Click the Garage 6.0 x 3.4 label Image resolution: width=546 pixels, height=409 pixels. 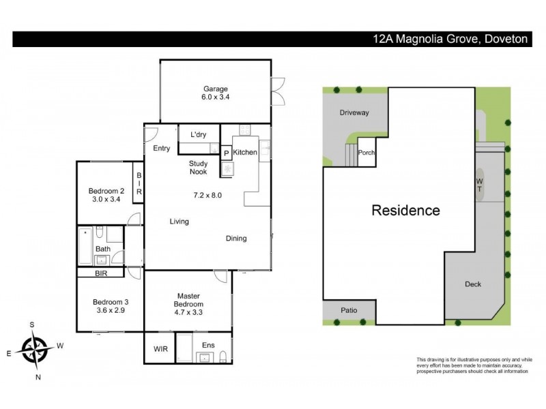(214, 93)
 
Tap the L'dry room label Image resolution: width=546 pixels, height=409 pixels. (199, 134)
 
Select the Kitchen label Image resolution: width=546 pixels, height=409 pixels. (245, 153)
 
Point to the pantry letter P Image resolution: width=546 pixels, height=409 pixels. (226, 153)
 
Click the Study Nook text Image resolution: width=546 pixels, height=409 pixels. (199, 168)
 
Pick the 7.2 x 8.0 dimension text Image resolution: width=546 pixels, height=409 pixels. (207, 196)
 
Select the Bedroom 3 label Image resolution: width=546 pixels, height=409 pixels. (109, 306)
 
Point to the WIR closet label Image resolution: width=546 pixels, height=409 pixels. (160, 348)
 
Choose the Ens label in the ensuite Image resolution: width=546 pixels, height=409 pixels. (207, 346)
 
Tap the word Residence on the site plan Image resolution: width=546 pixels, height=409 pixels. (405, 210)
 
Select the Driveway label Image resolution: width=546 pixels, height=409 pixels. (354, 112)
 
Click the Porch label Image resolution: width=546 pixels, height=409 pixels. (367, 153)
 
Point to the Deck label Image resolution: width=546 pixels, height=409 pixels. (473, 284)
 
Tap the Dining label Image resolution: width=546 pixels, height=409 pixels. (236, 239)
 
